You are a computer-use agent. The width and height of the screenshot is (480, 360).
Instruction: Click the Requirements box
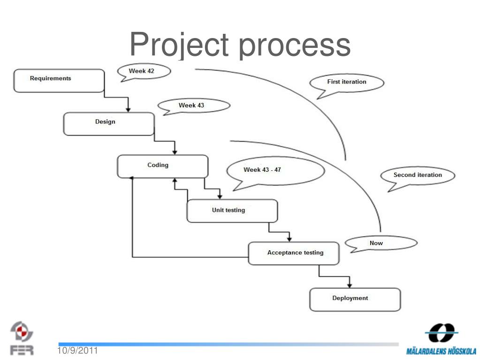59,80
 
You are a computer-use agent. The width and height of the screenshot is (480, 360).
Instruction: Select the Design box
108,124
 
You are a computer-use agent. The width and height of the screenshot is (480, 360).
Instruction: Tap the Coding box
162,167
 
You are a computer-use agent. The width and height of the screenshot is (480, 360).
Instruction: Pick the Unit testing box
232,211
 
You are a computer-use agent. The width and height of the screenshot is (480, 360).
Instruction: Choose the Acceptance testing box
294,253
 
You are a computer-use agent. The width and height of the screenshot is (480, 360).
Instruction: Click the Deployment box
355,299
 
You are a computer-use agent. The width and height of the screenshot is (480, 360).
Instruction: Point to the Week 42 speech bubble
143,71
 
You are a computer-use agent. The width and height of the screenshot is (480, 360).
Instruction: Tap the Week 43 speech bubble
194,106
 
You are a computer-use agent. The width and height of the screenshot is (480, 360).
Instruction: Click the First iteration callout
347,83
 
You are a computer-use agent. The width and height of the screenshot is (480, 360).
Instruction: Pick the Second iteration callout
417,176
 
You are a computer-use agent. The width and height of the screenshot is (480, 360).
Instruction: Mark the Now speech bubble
381,243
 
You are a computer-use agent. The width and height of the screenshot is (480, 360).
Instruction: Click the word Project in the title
179,45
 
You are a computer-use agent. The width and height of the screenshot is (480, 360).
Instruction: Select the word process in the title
294,46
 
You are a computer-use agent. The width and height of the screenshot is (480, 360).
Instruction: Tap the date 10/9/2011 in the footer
78,351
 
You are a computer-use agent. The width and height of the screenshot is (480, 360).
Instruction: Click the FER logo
22,337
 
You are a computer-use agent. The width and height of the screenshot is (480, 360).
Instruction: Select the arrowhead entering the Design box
128,109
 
